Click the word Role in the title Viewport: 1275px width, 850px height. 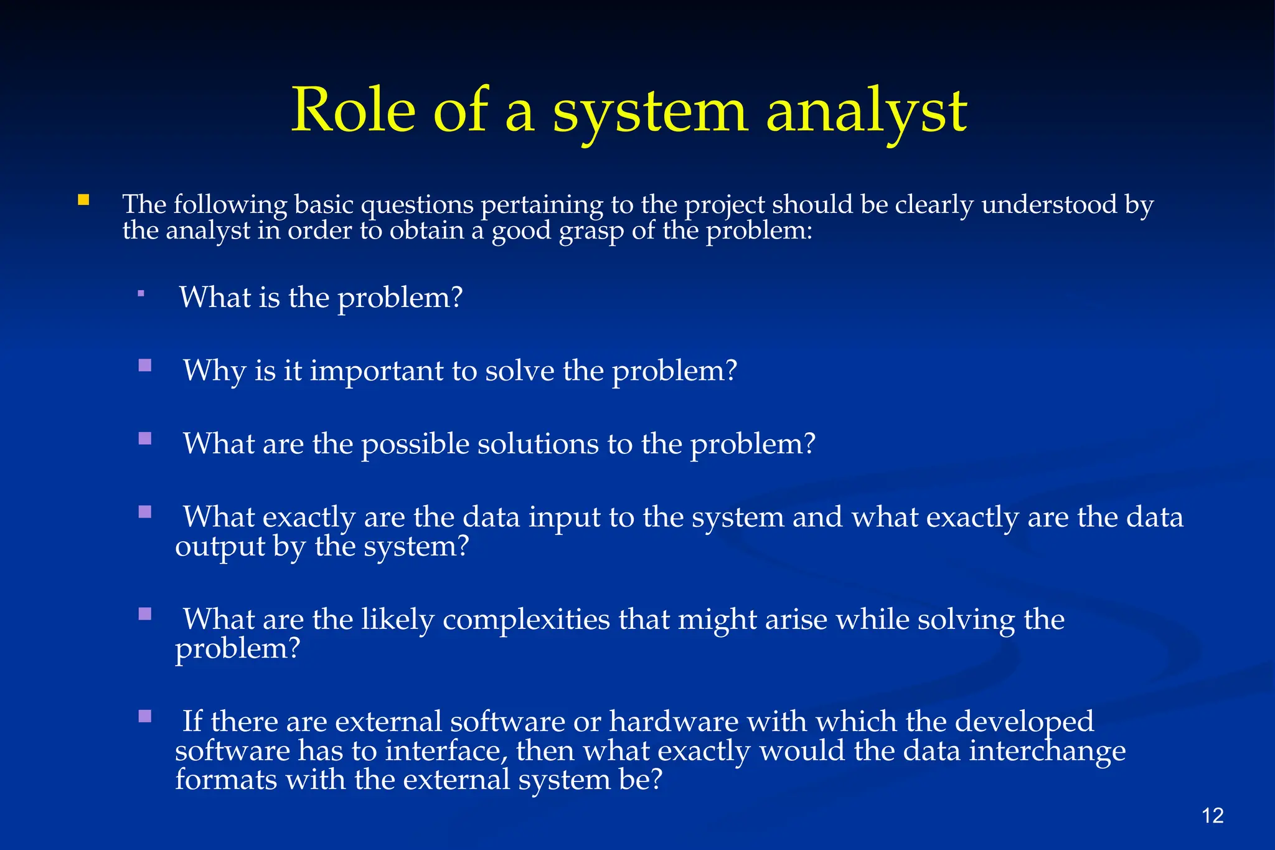(x=353, y=110)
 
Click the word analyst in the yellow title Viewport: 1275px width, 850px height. (x=866, y=112)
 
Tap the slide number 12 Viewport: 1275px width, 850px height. (x=1213, y=815)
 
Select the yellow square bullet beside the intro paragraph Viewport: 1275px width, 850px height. (x=83, y=201)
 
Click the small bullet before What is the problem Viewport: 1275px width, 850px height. (x=141, y=293)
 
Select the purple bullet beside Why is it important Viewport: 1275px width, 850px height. (x=145, y=365)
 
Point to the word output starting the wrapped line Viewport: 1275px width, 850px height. (x=220, y=547)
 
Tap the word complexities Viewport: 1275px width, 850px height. (x=526, y=620)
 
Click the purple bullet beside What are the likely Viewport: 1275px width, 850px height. (x=145, y=614)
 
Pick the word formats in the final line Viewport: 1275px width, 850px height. (x=225, y=780)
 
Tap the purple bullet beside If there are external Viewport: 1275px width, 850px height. (x=145, y=716)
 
